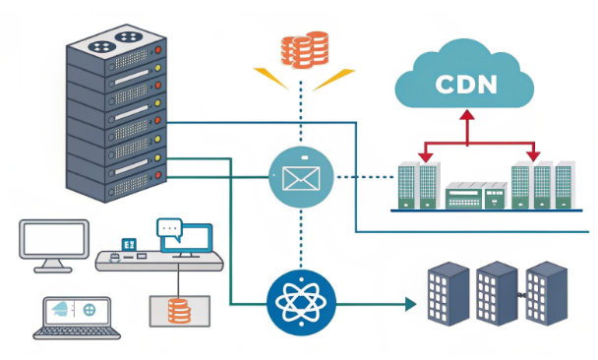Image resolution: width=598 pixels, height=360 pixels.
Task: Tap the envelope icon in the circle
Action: [301, 177]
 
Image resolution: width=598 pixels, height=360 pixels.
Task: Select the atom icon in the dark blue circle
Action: [301, 304]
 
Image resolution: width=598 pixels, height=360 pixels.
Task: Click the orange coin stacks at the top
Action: [303, 50]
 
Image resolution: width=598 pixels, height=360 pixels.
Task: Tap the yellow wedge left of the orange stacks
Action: [269, 77]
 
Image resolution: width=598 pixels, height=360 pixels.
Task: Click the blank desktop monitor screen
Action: [54, 238]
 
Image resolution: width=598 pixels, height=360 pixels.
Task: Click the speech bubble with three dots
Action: [170, 229]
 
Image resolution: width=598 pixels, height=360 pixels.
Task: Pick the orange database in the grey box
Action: [178, 311]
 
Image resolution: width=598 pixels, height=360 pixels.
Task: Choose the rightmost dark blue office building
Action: [546, 292]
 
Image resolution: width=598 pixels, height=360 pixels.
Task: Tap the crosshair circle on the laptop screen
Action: [90, 309]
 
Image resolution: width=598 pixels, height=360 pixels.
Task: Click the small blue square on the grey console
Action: [128, 243]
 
